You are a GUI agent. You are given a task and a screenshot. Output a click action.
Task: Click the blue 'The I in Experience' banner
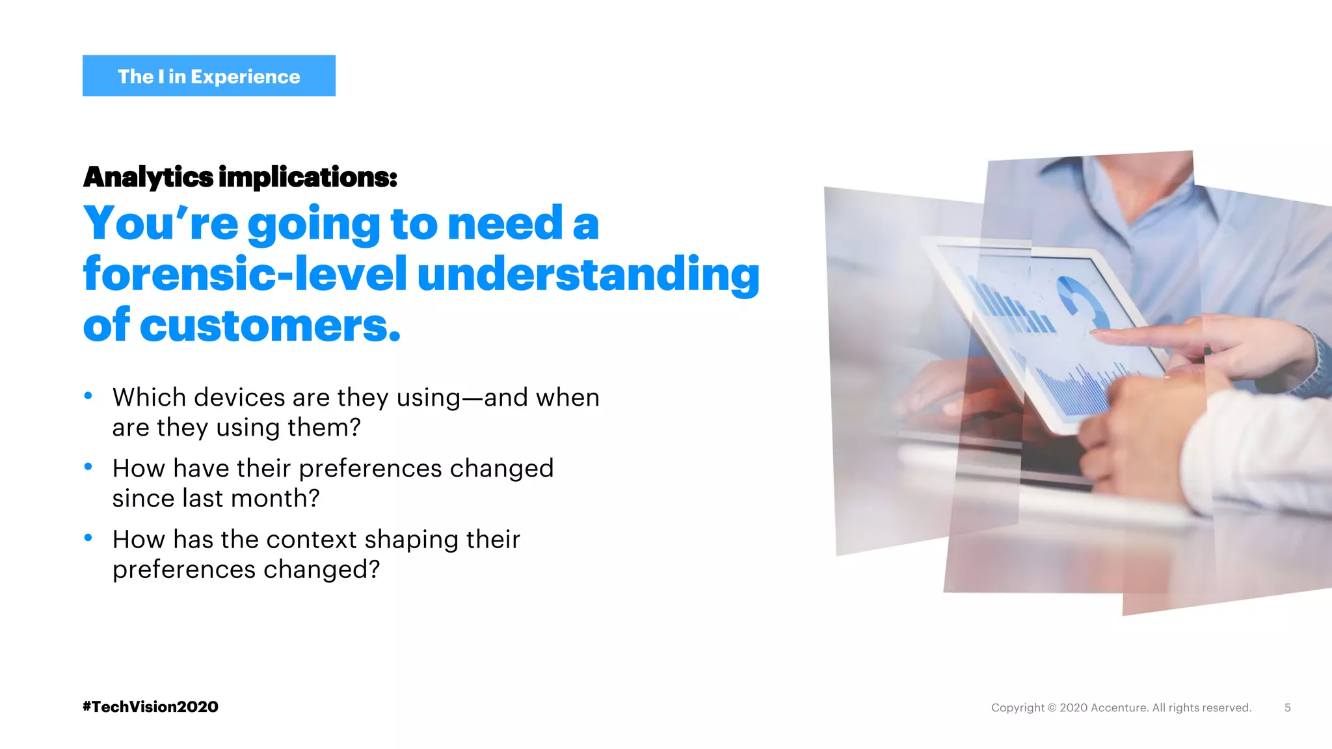point(209,76)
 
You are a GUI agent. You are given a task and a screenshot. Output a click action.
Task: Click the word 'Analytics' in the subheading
point(148,177)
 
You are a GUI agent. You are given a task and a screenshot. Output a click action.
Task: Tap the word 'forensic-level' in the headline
point(245,274)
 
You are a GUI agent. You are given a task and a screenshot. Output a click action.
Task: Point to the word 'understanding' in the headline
point(588,274)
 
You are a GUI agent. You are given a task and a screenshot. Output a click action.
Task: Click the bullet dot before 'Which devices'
point(88,396)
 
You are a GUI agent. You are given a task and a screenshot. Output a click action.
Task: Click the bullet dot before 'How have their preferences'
point(88,467)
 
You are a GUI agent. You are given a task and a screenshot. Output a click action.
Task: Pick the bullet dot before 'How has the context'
point(88,538)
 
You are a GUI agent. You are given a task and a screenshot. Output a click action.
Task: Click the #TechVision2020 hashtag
point(150,707)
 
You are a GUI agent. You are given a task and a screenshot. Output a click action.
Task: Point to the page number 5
point(1287,707)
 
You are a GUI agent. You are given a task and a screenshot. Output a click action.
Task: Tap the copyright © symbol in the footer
point(1052,707)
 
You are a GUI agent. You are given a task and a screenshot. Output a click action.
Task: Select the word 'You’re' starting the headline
point(161,223)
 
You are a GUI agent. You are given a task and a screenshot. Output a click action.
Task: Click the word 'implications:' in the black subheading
point(308,177)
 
